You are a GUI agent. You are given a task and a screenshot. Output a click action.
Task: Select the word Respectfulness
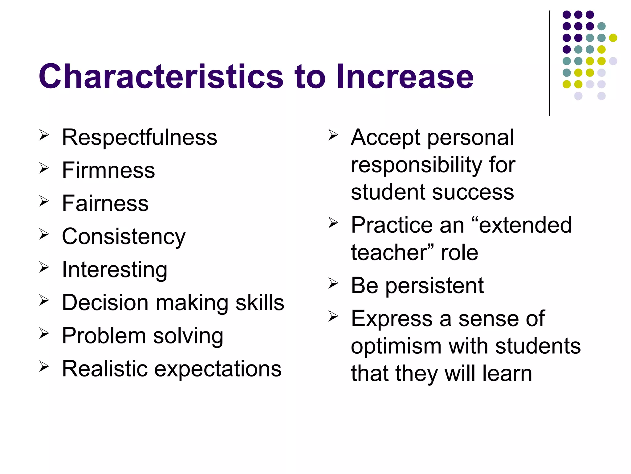pyautogui.click(x=139, y=137)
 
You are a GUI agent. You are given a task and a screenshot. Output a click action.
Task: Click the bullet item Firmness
pyautogui.click(x=108, y=170)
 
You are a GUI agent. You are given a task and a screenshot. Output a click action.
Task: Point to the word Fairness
pyautogui.click(x=105, y=203)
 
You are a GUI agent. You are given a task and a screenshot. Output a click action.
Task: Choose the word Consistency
pyautogui.click(x=124, y=237)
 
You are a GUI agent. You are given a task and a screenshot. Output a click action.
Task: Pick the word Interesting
pyautogui.click(x=115, y=270)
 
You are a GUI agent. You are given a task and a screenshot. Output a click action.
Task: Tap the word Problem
pyautogui.click(x=104, y=336)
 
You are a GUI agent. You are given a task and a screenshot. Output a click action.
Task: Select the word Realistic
pyautogui.click(x=104, y=369)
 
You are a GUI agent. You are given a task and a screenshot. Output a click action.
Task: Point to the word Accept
pyautogui.click(x=385, y=137)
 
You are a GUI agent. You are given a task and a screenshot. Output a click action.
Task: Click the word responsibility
pyautogui.click(x=416, y=165)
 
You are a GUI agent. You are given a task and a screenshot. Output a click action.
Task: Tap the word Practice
pyautogui.click(x=392, y=225)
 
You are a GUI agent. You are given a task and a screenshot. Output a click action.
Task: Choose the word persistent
pyautogui.click(x=434, y=285)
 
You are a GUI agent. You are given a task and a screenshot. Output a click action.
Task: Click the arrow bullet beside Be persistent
pyautogui.click(x=333, y=283)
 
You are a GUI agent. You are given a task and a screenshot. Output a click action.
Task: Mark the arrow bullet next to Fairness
pyautogui.click(x=44, y=201)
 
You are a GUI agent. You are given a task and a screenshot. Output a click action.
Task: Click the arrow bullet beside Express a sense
pyautogui.click(x=333, y=316)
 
